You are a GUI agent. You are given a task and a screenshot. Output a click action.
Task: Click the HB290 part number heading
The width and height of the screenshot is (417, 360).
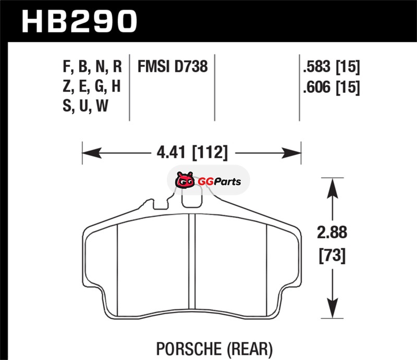pos(79,21)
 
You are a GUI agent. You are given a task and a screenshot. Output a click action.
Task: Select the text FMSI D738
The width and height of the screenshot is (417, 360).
pos(173,66)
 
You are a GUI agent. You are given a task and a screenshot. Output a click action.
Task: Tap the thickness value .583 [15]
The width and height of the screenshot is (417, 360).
pos(332,67)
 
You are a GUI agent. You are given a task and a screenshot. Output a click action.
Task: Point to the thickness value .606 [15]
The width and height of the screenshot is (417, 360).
pos(332,87)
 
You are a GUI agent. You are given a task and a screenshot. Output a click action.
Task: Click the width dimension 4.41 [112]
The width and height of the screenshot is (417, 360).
pos(192,153)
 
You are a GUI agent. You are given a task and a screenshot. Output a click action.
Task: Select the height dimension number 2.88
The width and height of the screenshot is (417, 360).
pos(332,232)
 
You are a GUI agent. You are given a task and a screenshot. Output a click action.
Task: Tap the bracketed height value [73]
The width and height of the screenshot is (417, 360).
pos(332,255)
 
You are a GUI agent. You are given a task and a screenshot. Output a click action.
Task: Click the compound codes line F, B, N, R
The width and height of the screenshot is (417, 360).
pos(92,66)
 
